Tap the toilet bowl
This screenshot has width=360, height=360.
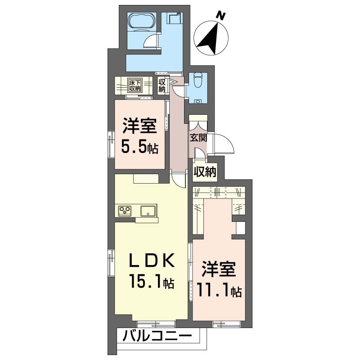point(197,82)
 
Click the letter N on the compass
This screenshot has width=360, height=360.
point(220,16)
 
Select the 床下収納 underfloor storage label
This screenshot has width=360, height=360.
point(135,85)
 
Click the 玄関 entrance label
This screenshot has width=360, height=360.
point(198,138)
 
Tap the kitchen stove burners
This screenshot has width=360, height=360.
point(125,210)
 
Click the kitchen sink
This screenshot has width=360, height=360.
point(148,210)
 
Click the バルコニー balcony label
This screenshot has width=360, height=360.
point(158,336)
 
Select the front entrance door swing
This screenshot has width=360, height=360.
point(224,144)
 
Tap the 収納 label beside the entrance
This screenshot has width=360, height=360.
point(205,171)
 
